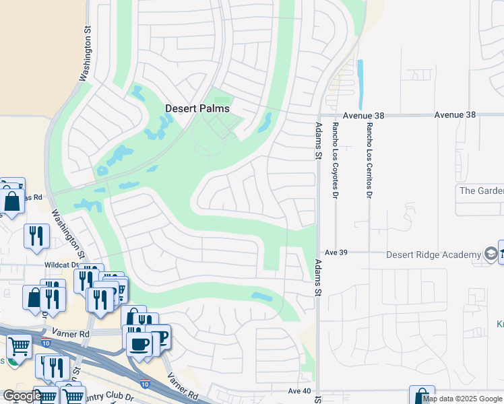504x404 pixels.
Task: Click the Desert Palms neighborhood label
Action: [197, 108]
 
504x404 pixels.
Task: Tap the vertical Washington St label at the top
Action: [86, 55]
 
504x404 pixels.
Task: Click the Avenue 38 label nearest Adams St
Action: [363, 116]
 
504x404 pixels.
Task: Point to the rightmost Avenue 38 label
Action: [455, 115]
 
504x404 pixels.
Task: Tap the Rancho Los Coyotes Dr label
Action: [334, 161]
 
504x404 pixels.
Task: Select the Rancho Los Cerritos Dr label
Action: [369, 161]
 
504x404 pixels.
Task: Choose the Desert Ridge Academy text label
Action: [433, 255]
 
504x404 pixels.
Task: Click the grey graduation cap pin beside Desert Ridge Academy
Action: [492, 254]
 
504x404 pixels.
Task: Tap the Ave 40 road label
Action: [299, 391]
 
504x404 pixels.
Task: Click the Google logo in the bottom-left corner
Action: [22, 396]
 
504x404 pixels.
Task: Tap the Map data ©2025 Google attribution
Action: [462, 399]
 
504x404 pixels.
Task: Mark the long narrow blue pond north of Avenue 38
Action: [360, 83]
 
